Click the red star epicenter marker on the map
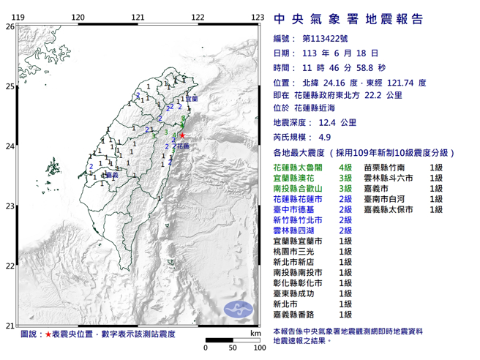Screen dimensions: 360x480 (182, 135)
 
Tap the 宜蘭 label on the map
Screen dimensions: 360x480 (192, 97)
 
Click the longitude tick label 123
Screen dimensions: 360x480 (257, 17)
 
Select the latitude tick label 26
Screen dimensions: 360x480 (10, 26)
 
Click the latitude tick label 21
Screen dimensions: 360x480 (10, 326)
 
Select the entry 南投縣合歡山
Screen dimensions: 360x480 (295, 188)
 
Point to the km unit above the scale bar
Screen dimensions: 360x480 (255, 333)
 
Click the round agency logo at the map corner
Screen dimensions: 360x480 (238, 307)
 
